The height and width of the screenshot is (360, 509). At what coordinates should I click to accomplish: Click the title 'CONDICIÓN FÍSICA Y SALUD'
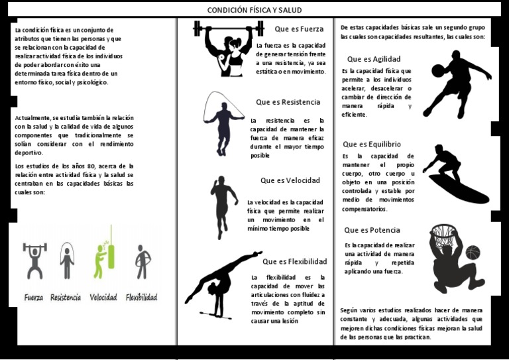coord(255,10)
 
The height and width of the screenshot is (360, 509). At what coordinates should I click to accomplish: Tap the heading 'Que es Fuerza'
coord(299,29)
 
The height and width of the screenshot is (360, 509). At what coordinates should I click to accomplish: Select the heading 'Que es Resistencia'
coord(288,102)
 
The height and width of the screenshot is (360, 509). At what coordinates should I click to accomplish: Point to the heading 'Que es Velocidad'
coord(290,180)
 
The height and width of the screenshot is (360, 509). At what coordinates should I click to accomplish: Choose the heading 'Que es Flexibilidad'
coord(295,261)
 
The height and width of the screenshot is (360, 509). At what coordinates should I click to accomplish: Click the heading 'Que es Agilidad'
coord(374,59)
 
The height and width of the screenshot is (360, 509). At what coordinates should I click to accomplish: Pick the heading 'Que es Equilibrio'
coord(372,144)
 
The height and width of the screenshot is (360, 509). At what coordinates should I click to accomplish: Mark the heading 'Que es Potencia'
coord(372,230)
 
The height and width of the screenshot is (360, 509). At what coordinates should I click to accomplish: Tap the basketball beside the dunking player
coord(473,253)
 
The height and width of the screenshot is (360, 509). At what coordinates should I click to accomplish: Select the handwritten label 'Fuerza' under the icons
coord(34,298)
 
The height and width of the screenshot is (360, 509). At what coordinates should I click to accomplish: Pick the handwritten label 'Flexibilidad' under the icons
coord(142,298)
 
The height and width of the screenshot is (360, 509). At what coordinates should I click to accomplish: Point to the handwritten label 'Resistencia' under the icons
coord(66,298)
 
